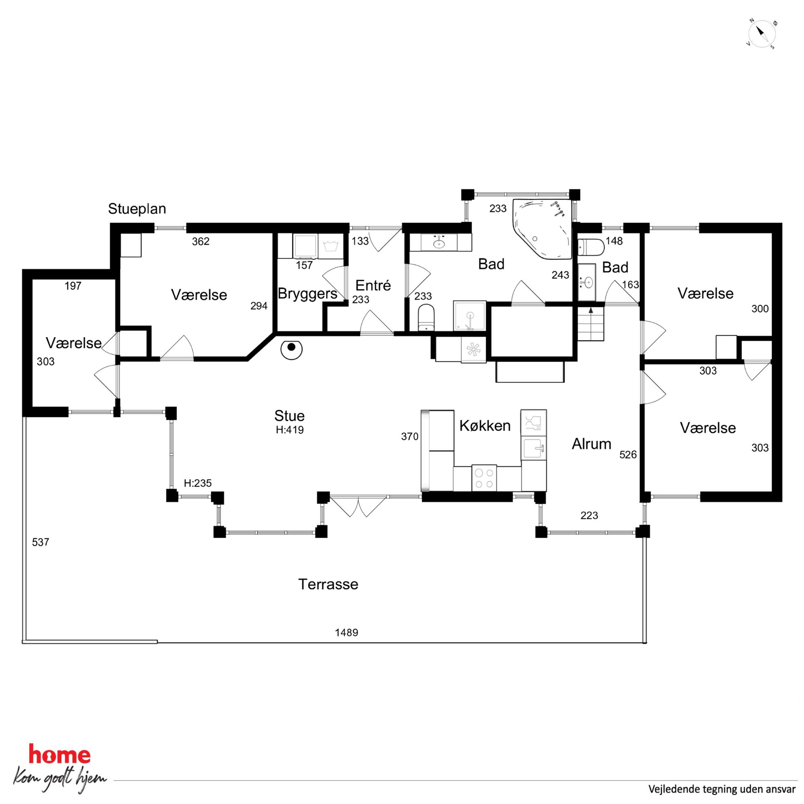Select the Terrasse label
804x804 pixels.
click(328, 584)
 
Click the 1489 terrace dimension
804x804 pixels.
click(346, 633)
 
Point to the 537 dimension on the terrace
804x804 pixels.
click(41, 542)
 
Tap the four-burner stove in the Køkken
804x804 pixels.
click(484, 478)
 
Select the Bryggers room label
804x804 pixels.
click(308, 294)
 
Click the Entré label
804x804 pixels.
click(373, 285)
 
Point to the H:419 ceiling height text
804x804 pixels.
click(290, 430)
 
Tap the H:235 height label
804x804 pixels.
click(198, 483)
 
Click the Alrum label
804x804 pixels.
click(591, 445)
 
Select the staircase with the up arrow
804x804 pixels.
click(590, 324)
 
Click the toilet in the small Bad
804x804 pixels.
click(591, 247)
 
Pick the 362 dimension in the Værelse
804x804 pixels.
click(201, 242)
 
